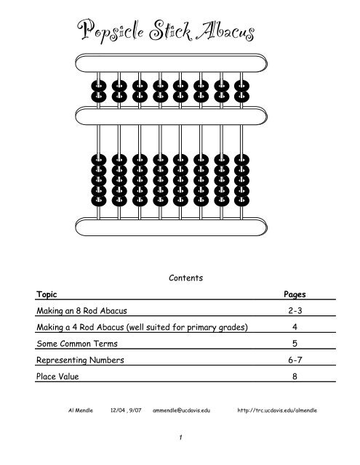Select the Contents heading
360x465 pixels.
tap(180, 277)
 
